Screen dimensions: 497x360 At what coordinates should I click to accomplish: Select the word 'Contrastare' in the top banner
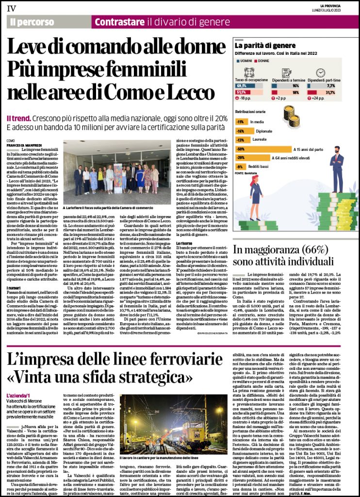(x=119, y=22)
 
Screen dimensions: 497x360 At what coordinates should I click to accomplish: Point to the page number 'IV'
(x=11, y=7)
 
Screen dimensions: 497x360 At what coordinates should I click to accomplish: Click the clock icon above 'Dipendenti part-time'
(x=321, y=72)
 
